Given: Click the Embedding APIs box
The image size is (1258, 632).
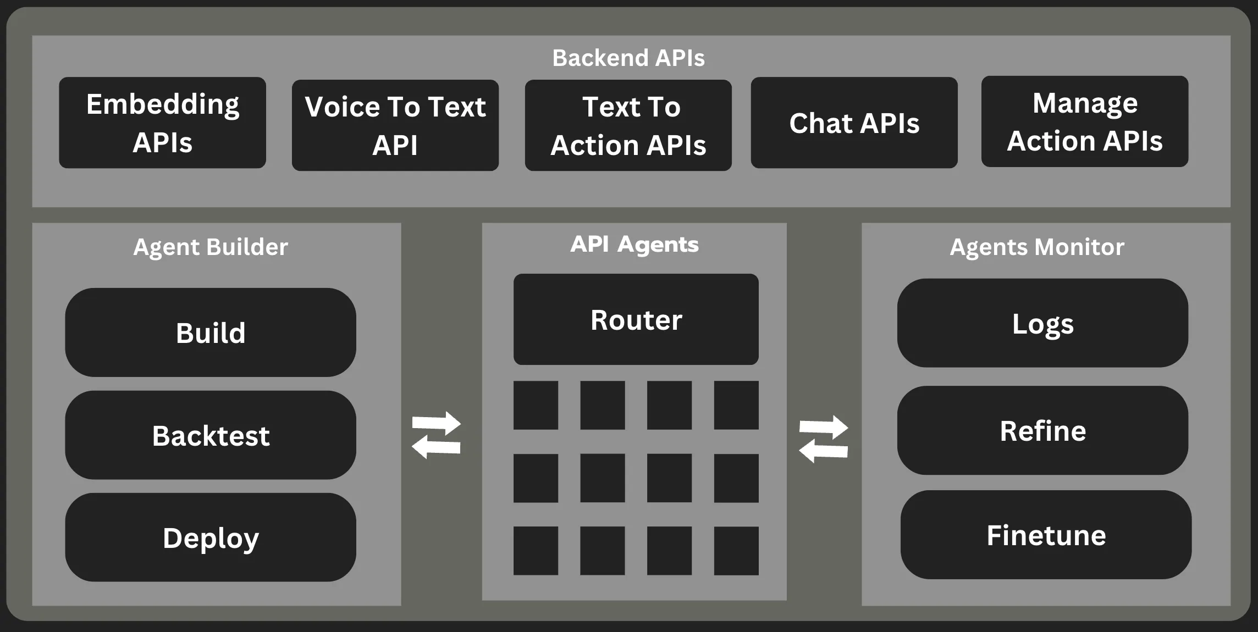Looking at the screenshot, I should (x=162, y=123).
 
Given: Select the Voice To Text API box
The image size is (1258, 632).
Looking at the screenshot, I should (x=395, y=125).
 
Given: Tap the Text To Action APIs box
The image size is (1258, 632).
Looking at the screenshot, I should (x=628, y=125).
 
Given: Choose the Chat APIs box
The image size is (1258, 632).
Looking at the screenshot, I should (x=854, y=123).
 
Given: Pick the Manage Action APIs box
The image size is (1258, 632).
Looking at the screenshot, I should (x=1084, y=121).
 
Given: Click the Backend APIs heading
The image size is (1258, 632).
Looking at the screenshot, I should (x=628, y=58).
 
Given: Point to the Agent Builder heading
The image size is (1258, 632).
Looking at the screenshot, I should (x=211, y=247).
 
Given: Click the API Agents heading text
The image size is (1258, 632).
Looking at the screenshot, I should (x=634, y=244).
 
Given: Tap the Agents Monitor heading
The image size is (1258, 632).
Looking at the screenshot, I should (x=1037, y=247).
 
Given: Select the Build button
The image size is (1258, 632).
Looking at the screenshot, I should (x=211, y=332).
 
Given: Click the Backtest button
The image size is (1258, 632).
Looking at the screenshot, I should (x=211, y=435).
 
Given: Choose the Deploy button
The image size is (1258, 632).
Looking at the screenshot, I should (x=211, y=537).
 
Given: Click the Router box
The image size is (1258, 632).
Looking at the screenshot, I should (x=636, y=319).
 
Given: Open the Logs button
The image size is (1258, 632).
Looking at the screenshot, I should (x=1042, y=323).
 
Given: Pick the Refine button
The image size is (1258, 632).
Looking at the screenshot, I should (x=1042, y=430).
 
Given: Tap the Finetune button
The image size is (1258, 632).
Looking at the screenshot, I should (x=1046, y=535).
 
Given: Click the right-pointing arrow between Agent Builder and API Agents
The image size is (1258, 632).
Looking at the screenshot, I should (x=437, y=423).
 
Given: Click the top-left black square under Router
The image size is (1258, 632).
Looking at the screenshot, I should (x=536, y=405).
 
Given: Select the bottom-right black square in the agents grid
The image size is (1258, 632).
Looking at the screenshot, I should (x=736, y=551).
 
